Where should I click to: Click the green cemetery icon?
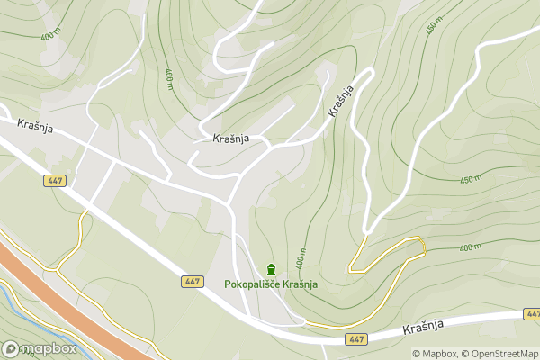(x=271, y=269)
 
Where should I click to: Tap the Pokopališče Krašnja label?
(x=271, y=284)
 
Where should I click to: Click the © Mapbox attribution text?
(x=435, y=353)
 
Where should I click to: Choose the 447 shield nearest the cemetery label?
(x=192, y=282)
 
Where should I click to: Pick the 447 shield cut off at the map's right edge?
(x=532, y=313)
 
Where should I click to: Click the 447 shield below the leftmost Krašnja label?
(x=55, y=181)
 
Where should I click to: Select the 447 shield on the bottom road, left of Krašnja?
(x=355, y=339)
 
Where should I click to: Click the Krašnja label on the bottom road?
(x=425, y=329)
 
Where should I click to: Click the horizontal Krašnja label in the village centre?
(x=231, y=139)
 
